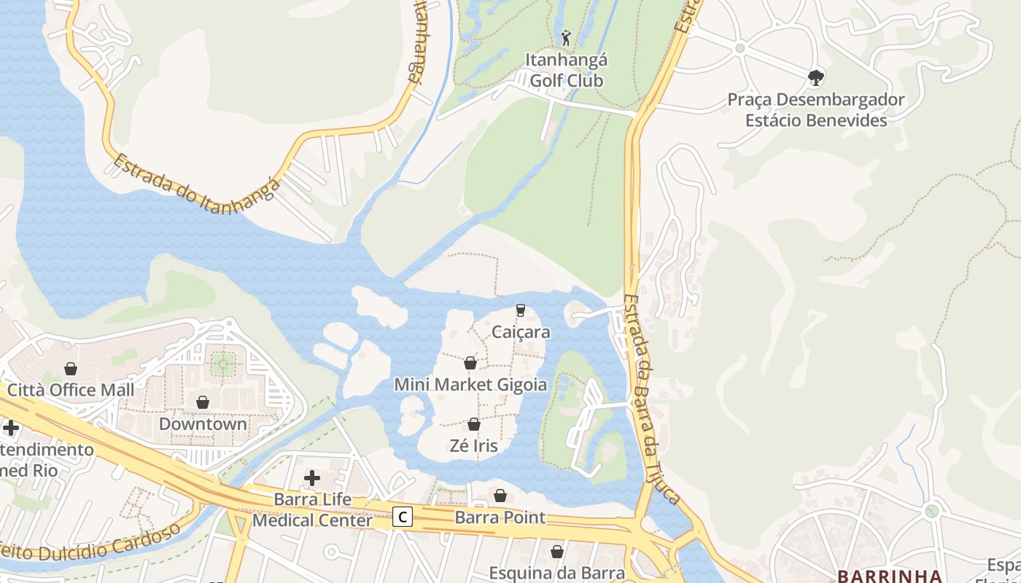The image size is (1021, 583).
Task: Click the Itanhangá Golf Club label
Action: pos(567,70)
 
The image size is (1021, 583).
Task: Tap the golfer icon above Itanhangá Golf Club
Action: pos(566,36)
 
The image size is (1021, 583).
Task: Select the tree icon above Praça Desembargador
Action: pos(816,77)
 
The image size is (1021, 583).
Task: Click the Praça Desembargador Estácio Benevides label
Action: pos(816,110)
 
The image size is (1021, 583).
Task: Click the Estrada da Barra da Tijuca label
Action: pos(653,399)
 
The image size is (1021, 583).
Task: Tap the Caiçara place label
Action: pos(521,332)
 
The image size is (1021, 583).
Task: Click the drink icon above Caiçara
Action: pos(521,310)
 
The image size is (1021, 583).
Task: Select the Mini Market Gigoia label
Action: pos(470,384)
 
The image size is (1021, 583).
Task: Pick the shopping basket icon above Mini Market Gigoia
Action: pos(470,363)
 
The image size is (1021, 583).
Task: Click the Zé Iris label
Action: pos(474,445)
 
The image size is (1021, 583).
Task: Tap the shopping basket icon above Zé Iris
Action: pos(474,424)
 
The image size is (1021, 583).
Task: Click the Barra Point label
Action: pos(500,517)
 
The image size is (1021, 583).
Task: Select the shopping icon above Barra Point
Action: pos(500,496)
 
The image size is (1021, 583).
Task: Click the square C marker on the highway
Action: pos(403,517)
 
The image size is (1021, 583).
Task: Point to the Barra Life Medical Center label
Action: pos(312,510)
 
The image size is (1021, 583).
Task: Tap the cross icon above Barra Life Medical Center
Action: pos(312,478)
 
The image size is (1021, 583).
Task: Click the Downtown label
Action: pos(203,423)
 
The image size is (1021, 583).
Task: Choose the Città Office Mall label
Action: pos(71,390)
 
